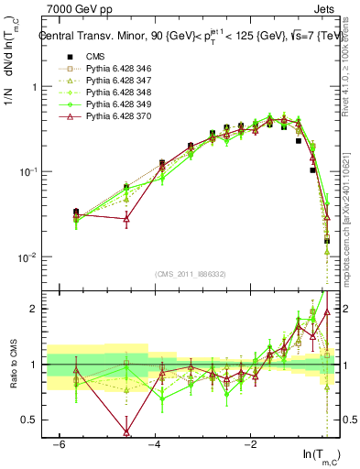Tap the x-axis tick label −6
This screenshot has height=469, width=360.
tap(59, 443)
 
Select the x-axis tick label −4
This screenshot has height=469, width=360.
tap(155, 443)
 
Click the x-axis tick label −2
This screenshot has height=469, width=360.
tap(251, 443)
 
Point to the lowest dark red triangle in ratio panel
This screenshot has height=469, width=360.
tap(125, 431)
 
